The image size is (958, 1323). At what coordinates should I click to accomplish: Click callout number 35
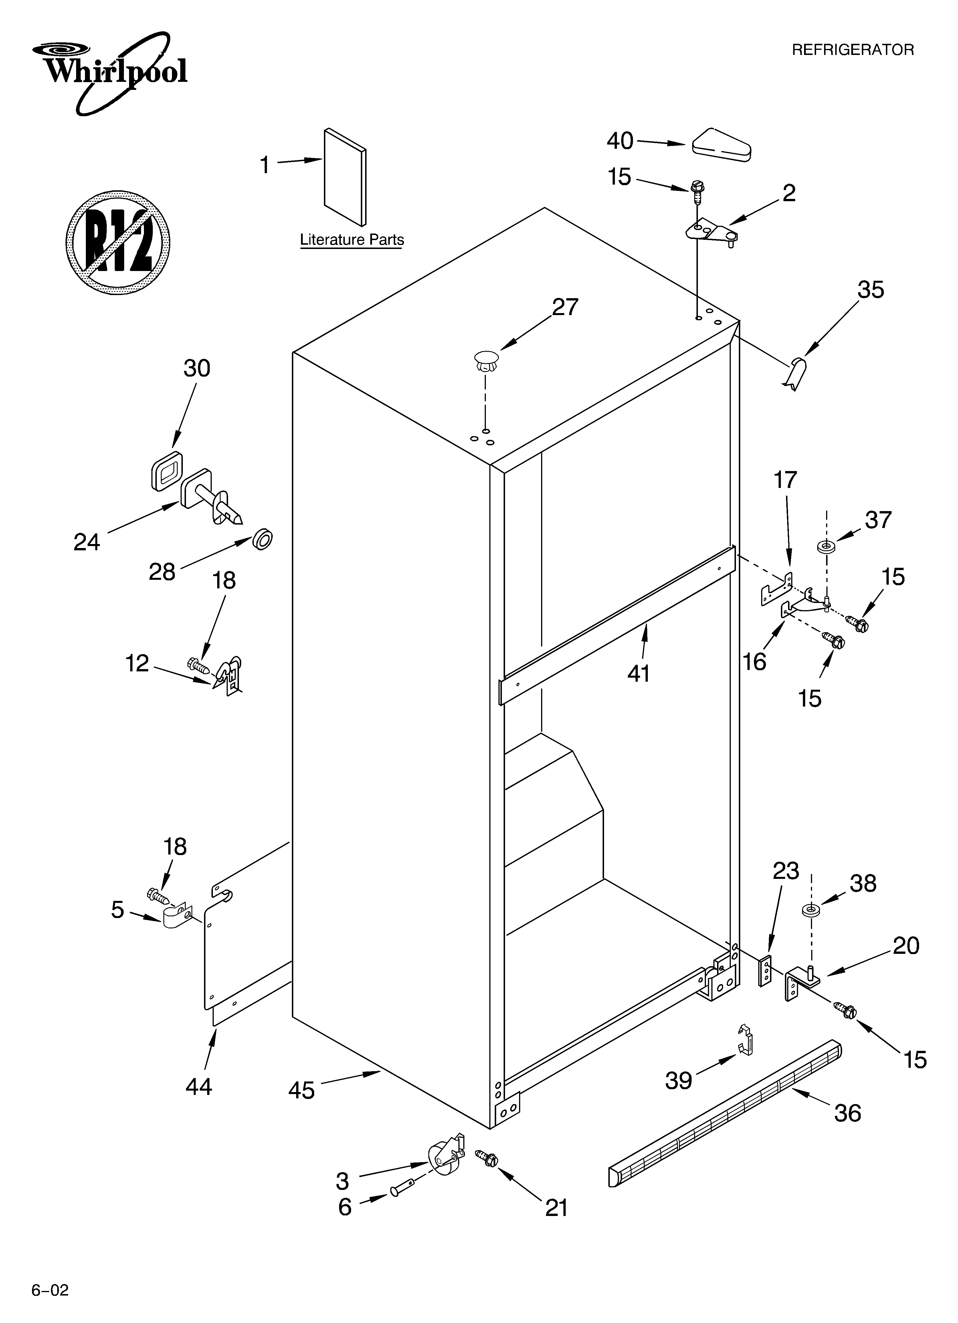coord(870,290)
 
